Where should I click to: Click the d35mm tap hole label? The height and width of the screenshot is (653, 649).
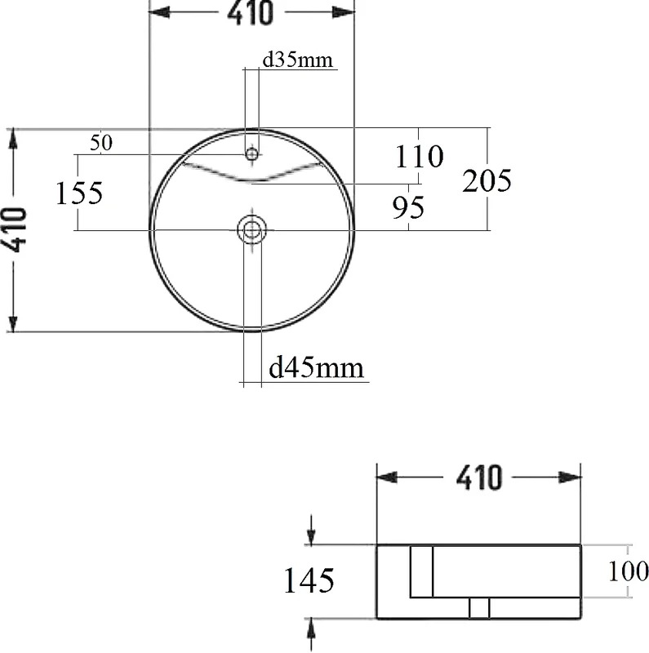tap(297, 60)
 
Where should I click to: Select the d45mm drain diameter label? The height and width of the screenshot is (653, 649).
tap(316, 368)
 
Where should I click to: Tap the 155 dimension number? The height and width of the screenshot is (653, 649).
tap(78, 193)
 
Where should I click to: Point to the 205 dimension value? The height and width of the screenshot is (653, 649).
tap(487, 180)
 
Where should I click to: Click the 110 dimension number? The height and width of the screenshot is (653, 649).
tap(419, 157)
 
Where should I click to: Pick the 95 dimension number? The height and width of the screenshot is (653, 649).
tap(408, 207)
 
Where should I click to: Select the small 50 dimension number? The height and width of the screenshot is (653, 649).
tap(101, 144)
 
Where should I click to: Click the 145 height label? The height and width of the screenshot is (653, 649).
tap(309, 580)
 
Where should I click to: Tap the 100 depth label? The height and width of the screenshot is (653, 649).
tap(628, 571)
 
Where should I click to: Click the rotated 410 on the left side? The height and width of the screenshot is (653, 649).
tap(17, 230)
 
